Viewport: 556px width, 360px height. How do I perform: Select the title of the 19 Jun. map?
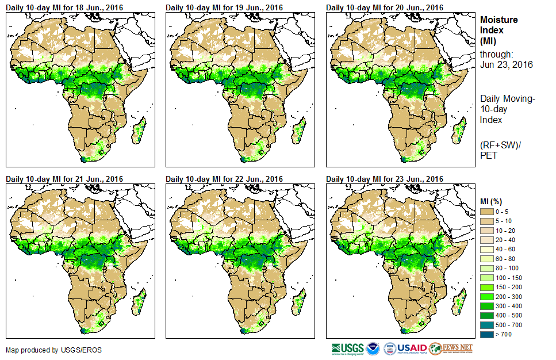(x=224, y=7)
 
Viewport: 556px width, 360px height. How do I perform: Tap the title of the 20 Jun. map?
(x=385, y=7)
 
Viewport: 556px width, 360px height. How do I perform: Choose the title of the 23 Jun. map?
(x=385, y=179)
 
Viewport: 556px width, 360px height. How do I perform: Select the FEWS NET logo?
(x=451, y=348)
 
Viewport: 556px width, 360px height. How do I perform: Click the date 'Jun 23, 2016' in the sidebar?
(x=506, y=64)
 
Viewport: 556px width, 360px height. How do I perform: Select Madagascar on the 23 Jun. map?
(x=459, y=302)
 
